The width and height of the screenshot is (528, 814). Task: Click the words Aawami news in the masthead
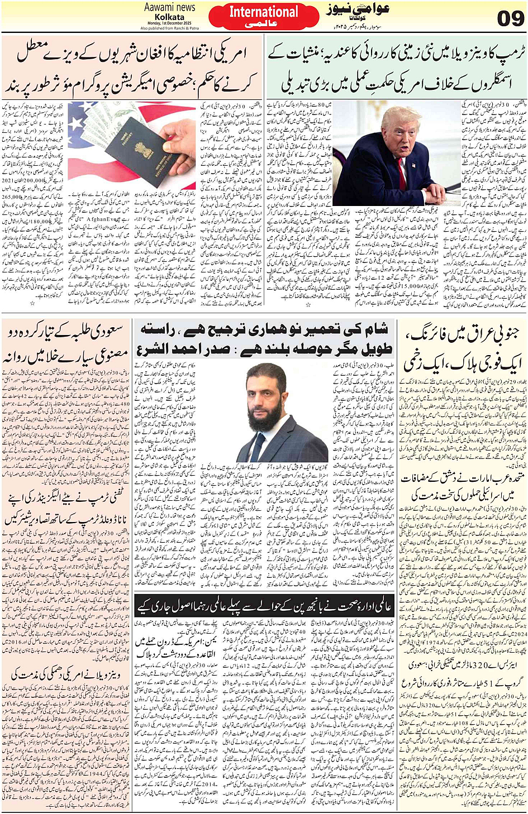pyautogui.click(x=169, y=7)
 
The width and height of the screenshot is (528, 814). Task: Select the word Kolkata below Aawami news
pyautogui.click(x=169, y=17)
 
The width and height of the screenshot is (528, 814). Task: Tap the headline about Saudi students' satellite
pyautogui.click(x=66, y=343)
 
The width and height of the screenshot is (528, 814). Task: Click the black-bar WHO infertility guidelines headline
pyautogui.click(x=264, y=605)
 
